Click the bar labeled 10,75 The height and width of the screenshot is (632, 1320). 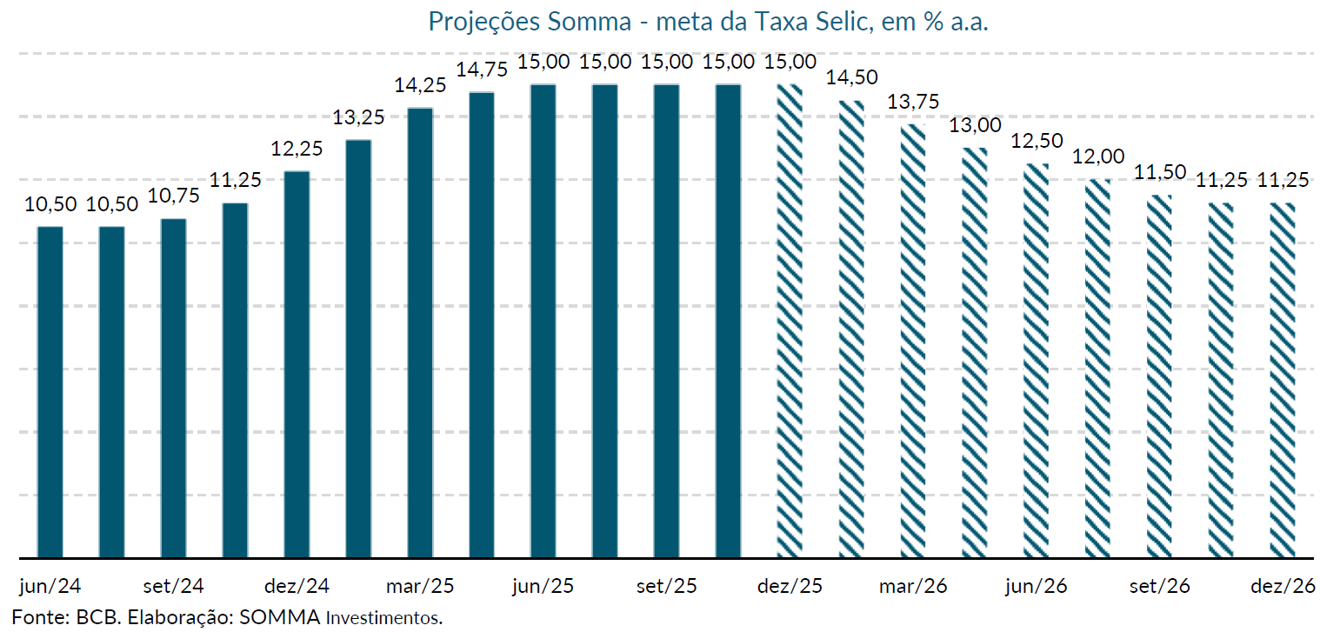(x=174, y=388)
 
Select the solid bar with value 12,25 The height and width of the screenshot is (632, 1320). (x=297, y=364)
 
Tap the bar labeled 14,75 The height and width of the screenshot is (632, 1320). (x=482, y=324)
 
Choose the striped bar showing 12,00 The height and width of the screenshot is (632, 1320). (x=1098, y=368)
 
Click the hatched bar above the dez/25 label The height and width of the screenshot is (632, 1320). (x=790, y=321)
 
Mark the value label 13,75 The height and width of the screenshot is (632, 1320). (x=913, y=102)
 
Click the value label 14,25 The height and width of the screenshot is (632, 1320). (x=420, y=85)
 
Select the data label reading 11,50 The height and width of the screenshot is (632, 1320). (x=1160, y=171)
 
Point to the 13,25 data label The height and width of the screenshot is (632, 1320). (x=358, y=117)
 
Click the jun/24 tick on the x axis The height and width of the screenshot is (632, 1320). (x=50, y=586)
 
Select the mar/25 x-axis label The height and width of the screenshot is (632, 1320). (x=420, y=586)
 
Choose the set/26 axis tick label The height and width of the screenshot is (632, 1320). (x=1160, y=586)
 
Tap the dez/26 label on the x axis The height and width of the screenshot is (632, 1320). (x=1283, y=586)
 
